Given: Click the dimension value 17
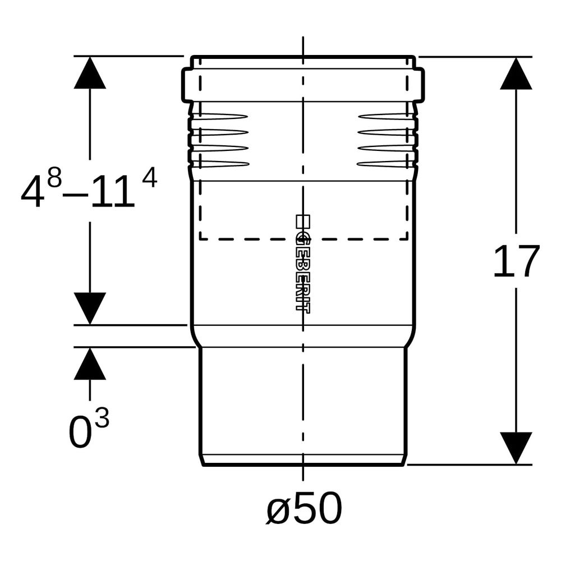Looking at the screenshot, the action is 516,261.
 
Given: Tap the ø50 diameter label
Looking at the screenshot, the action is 304,508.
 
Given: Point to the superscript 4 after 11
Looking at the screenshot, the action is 150,178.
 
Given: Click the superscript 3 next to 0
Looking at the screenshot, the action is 102,417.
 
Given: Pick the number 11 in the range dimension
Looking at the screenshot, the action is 112,192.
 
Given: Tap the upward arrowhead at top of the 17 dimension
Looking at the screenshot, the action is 516,73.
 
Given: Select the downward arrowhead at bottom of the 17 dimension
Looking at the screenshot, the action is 516,448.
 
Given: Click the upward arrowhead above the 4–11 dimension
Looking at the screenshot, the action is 90,72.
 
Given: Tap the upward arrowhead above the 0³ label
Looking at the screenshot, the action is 90,364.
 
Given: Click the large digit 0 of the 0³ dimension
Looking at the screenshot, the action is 80,432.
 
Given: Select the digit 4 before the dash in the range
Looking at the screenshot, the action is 33,192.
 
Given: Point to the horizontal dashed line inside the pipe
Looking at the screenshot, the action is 304,238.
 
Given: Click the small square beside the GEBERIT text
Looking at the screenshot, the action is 303,221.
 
